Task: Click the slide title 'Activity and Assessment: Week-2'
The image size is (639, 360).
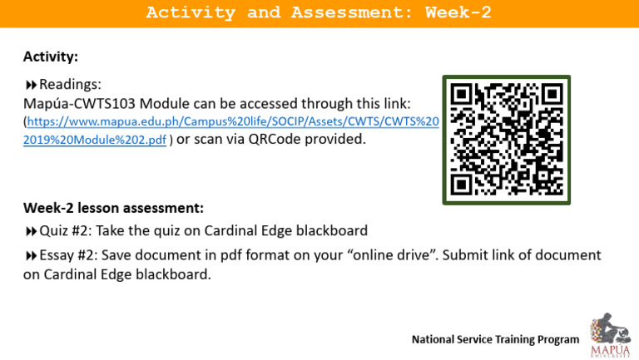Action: [x=319, y=12]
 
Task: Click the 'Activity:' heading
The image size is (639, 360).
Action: [x=51, y=57]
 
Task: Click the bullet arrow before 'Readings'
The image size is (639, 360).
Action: [x=31, y=85]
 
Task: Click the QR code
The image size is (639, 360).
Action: [x=506, y=140]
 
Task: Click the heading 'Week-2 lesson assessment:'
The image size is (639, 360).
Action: [x=113, y=207]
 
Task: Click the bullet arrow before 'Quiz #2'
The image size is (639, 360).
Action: [x=31, y=231]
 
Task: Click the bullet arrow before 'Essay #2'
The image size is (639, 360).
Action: [x=31, y=256]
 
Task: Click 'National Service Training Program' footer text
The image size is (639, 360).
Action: [x=495, y=339]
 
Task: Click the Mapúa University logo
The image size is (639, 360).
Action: [x=610, y=335]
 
